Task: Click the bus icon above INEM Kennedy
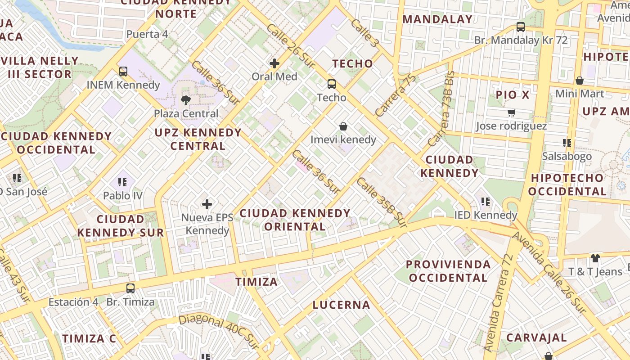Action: coord(123,71)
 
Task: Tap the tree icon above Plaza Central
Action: coord(185,100)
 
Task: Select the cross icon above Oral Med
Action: coord(274,63)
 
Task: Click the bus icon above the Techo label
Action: coord(332,84)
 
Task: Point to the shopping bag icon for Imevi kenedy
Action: coord(343,126)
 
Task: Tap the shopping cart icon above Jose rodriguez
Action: coord(511,112)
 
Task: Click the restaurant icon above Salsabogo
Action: coord(567,143)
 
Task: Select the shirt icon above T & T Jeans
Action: coord(595,258)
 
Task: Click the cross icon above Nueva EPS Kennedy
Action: coord(207,204)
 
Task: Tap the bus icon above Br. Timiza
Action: coord(130,288)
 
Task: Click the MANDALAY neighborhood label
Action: coord(437,19)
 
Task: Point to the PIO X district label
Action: coord(513,95)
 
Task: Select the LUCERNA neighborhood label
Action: coord(342,305)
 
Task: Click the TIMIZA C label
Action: coord(89,338)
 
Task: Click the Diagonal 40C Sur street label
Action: coord(219,331)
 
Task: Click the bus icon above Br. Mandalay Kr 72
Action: coord(521,27)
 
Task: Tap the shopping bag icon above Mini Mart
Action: coord(580,81)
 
